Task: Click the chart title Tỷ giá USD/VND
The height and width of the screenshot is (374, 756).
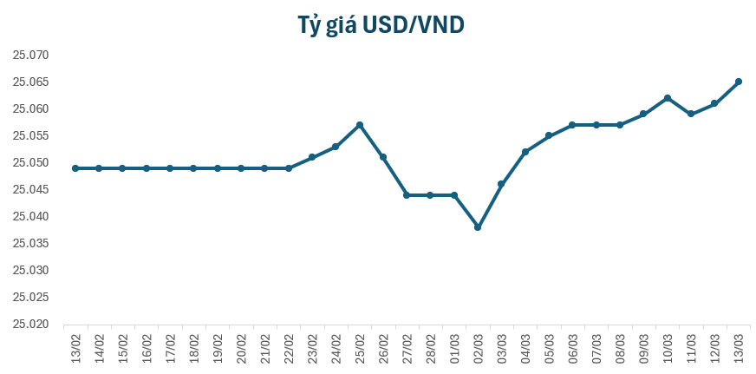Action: pos(378,26)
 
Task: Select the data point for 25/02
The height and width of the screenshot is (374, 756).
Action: pos(360,125)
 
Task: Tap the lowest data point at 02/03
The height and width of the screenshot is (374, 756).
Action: pos(478,227)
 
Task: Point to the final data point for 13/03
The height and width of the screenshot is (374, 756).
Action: pos(739,82)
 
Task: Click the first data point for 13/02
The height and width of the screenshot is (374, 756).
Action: pos(75,168)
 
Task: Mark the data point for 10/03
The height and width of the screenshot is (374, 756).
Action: pos(668,98)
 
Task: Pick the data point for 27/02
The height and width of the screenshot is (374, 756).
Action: pos(407,195)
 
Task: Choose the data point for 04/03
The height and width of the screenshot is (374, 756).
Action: pos(525,152)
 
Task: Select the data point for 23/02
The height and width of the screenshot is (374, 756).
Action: pos(312,157)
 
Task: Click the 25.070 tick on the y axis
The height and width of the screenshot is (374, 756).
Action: pos(31,56)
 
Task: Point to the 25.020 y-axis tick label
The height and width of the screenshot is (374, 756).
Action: pos(31,325)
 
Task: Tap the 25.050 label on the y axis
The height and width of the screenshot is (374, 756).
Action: pos(31,163)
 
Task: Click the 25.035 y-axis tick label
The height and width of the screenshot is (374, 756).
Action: pos(31,244)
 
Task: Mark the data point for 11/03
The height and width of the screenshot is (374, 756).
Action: pos(691,114)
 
